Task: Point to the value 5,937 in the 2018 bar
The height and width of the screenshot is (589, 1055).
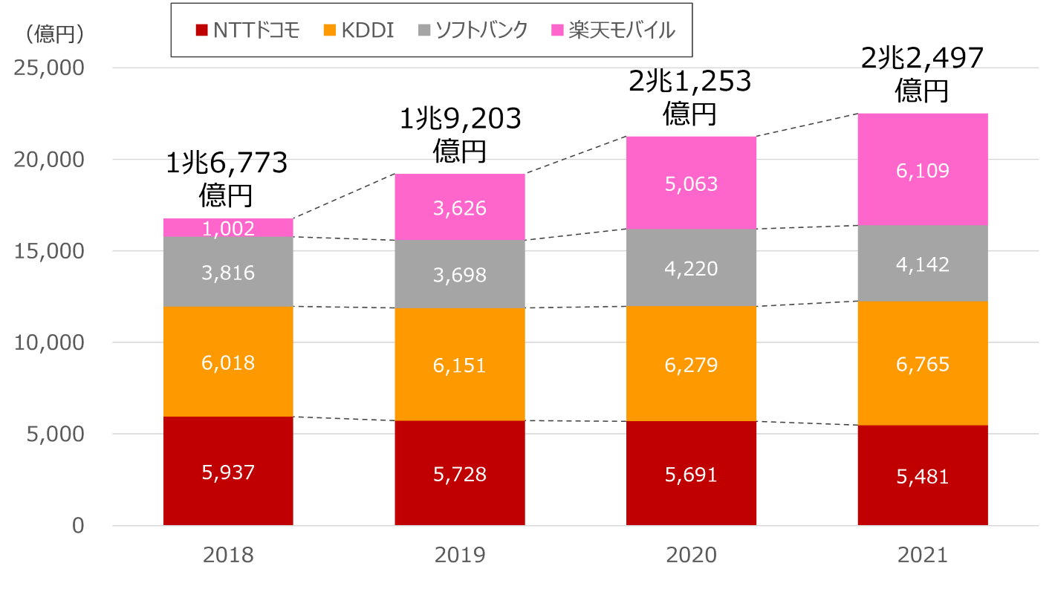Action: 228,472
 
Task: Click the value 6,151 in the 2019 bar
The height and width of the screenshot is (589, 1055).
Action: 459,365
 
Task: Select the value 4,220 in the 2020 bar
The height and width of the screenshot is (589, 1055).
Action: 691,268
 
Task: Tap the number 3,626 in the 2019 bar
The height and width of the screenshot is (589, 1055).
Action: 459,208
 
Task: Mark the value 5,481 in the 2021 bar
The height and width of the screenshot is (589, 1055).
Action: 922,476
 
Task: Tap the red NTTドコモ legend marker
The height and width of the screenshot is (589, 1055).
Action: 201,30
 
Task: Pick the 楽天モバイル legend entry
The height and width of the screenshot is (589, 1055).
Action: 612,30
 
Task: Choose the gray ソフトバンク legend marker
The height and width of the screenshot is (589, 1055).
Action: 424,30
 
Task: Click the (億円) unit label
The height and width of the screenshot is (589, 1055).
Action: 54,33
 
